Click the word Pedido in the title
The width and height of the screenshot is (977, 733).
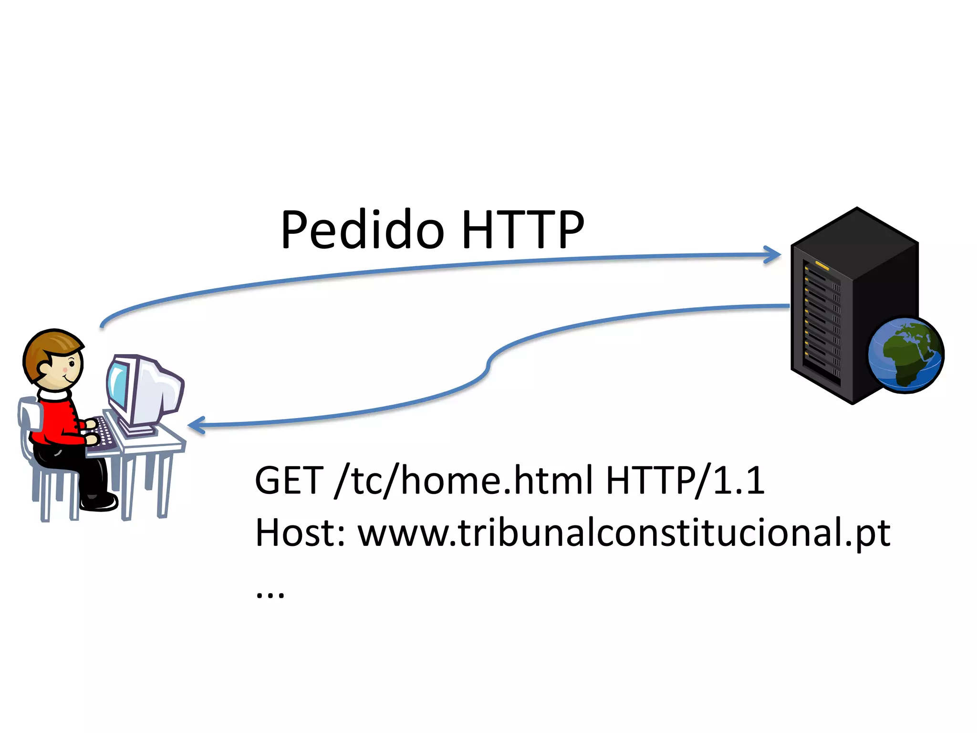tap(363, 230)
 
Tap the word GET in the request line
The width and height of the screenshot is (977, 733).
tap(289, 481)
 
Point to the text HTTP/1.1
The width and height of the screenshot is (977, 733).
tap(685, 481)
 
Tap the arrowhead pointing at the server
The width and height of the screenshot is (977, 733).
tap(773, 254)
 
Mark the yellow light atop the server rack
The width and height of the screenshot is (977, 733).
tap(821, 265)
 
